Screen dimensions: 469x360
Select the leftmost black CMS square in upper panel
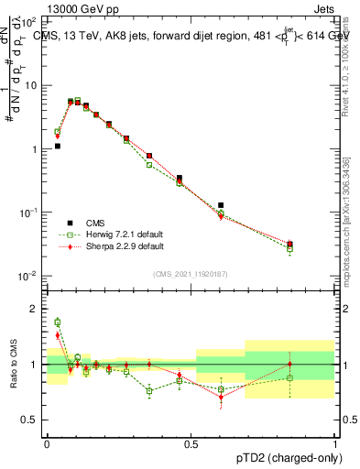click(57, 146)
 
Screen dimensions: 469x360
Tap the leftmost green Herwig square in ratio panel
click(57, 322)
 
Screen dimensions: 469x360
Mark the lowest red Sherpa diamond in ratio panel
click(221, 398)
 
